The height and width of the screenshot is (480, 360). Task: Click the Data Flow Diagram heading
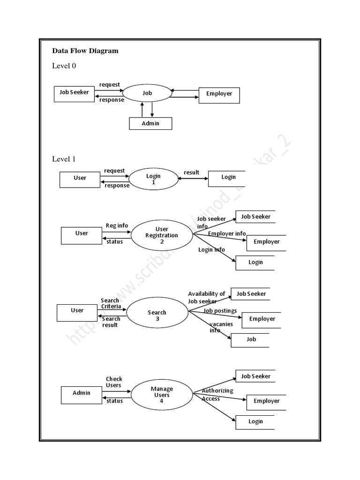coord(85,51)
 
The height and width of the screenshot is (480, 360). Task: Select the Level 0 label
coord(64,66)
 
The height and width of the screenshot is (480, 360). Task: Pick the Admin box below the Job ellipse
coord(150,123)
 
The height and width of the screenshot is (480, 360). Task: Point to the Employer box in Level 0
coord(219,95)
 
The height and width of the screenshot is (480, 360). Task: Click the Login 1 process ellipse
coord(153,179)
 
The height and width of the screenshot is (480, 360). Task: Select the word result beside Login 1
coord(192,172)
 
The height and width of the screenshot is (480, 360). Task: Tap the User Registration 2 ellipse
coord(161,235)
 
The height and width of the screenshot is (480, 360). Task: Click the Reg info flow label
coord(117,225)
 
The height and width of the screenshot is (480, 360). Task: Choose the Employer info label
coord(227,233)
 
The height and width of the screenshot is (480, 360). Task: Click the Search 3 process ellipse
coord(157,315)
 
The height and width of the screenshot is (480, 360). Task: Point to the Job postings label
coord(220,311)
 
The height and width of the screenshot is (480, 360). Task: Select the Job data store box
coord(251,339)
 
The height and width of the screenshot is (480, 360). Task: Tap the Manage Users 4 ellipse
coord(161,395)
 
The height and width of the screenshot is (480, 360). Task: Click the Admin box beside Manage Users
coord(81,393)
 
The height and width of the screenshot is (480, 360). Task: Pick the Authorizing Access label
coord(217,395)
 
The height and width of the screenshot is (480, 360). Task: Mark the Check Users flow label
coord(113,382)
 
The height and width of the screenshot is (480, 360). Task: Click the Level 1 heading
coord(64,159)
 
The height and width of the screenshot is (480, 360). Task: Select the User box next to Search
coord(77,313)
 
